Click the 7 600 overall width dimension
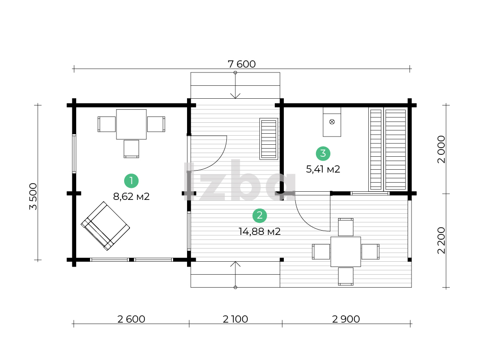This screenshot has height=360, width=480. pyautogui.click(x=242, y=64)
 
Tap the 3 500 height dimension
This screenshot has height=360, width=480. pyautogui.click(x=33, y=197)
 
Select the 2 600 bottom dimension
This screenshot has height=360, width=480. pyautogui.click(x=131, y=319)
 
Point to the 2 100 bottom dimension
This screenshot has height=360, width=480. pyautogui.click(x=235, y=319)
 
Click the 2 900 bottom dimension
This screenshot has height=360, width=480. pyautogui.click(x=346, y=319)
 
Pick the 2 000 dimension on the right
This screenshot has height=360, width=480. pyautogui.click(x=441, y=150)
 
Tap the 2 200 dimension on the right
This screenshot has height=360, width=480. pyautogui.click(x=441, y=240)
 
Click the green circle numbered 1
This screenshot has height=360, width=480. pyautogui.click(x=131, y=181)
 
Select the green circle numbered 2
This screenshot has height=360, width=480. pyautogui.click(x=259, y=216)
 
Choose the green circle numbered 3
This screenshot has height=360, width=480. pyautogui.click(x=323, y=153)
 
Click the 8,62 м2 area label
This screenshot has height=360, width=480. pyautogui.click(x=131, y=197)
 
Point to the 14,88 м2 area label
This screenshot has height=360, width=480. pyautogui.click(x=259, y=232)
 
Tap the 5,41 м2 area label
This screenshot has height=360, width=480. pyautogui.click(x=323, y=169)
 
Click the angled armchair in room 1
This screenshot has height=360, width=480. pyautogui.click(x=105, y=226)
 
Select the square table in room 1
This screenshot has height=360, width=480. pyautogui.click(x=131, y=124)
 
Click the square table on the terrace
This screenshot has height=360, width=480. pyautogui.click(x=346, y=252)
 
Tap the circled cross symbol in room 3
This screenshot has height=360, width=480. pyautogui.click(x=332, y=122)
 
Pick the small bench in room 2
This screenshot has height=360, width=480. pyautogui.click(x=269, y=139)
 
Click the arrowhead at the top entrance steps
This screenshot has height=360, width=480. pyautogui.click(x=235, y=96)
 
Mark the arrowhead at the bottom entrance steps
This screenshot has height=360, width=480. pyautogui.click(x=235, y=264)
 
